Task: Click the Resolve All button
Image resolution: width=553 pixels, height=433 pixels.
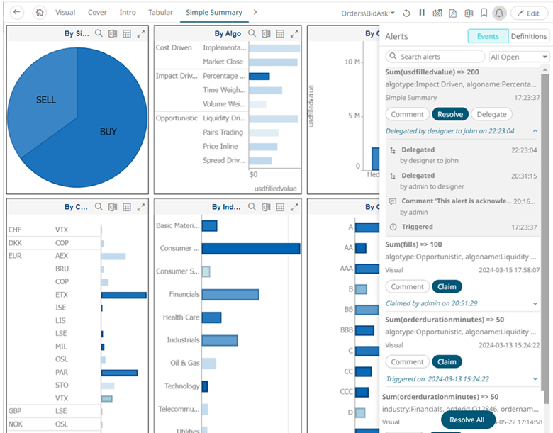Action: pos(467,420)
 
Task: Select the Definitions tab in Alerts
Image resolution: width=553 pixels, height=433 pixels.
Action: pos(528,36)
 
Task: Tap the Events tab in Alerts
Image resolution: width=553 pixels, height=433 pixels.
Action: pos(487,36)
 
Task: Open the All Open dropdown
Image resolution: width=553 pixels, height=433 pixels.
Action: pos(519,57)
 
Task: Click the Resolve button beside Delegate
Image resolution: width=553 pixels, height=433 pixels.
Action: pos(449,114)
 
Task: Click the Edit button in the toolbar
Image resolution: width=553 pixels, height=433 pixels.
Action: pos(528,13)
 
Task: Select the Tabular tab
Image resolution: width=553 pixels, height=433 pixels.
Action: pos(160,13)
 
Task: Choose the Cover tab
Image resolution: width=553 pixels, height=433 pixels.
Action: pos(97,13)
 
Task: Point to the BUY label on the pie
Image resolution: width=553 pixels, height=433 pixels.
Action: pos(108,131)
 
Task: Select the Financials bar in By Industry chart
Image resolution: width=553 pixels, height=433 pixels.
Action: pos(230,294)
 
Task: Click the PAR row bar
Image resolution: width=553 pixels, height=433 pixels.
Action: pos(119,372)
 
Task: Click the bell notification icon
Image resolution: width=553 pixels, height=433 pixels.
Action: pos(499,13)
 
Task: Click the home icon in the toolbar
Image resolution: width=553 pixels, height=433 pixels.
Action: pos(40,13)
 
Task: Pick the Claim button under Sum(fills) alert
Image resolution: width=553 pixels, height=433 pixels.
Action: pos(447,287)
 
